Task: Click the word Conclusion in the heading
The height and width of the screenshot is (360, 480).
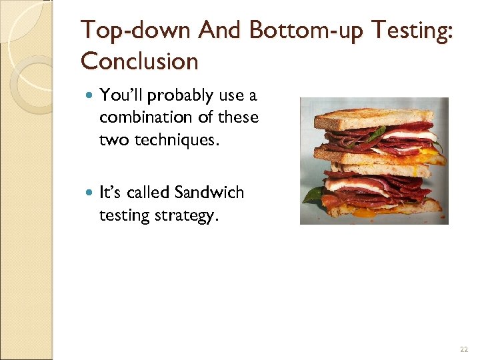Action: click(x=139, y=61)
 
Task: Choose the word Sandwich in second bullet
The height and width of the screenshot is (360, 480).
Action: click(x=209, y=193)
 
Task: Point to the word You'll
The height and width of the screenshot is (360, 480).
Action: click(x=121, y=96)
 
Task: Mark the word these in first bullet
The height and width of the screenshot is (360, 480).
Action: click(x=239, y=117)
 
